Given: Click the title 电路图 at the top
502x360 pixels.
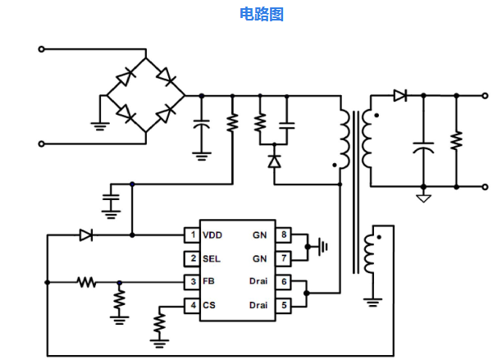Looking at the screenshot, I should (262, 14).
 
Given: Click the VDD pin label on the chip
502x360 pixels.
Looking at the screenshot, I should (212, 235).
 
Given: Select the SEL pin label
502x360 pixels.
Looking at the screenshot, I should (212, 259).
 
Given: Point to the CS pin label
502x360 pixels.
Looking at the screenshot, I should (209, 306).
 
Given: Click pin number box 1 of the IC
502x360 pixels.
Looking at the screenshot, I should (191, 235).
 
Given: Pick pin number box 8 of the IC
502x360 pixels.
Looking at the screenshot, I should (283, 235).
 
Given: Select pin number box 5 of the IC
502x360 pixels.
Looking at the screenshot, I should (283, 306).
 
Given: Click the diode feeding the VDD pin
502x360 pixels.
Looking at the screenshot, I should (86, 235).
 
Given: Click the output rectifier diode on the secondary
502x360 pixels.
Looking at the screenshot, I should (399, 96).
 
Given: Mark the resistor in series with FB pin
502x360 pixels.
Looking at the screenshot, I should (86, 283).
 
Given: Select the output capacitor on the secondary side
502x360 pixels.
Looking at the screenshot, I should (423, 151).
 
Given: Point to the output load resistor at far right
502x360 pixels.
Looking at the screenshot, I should (456, 141).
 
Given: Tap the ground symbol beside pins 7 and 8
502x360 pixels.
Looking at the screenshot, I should (322, 246).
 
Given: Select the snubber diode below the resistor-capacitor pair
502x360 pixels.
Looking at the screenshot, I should (273, 161).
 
